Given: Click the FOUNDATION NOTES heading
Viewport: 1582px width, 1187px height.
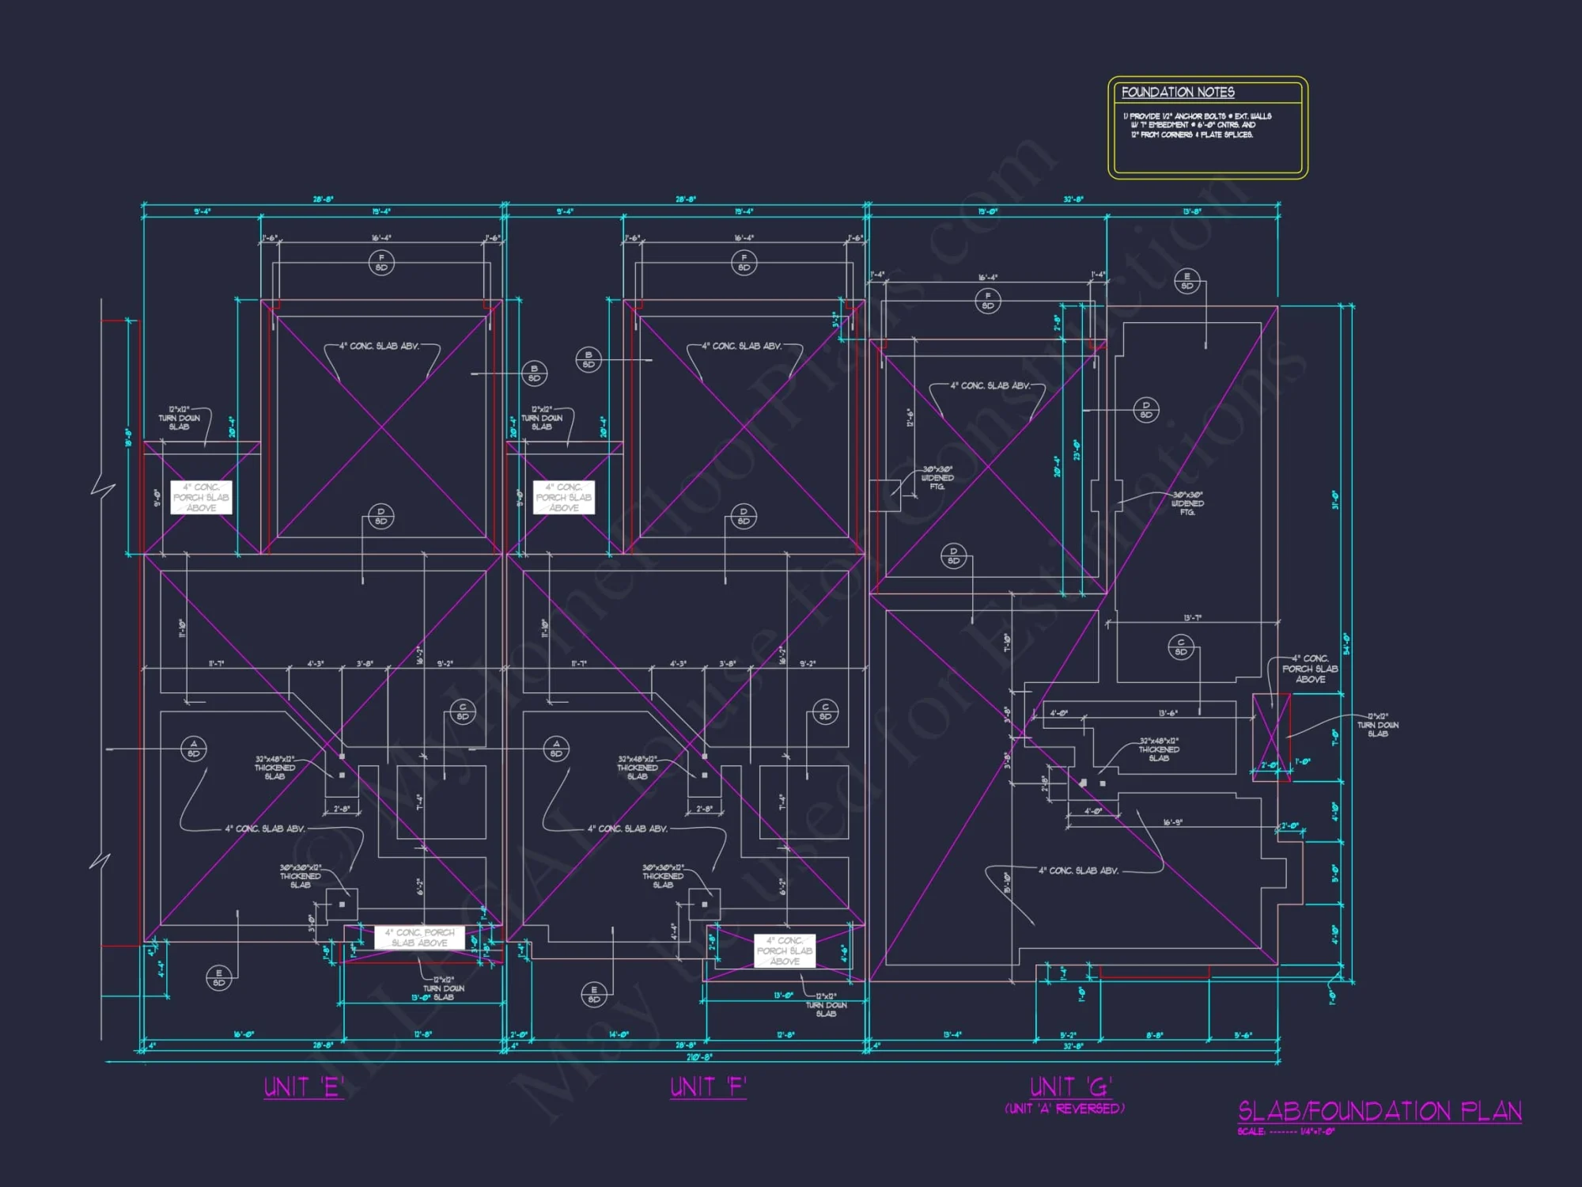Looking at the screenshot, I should click(1177, 93).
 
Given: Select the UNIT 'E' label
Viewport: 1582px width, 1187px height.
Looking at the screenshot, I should click(304, 1087).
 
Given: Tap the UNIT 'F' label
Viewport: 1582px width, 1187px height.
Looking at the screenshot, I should click(708, 1087).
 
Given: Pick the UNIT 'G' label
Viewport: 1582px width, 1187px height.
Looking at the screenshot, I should click(1070, 1087).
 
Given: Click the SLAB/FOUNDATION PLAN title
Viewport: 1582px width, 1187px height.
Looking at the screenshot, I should click(1380, 1111).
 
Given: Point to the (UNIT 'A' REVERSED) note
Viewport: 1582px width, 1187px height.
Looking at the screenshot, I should click(1064, 1109).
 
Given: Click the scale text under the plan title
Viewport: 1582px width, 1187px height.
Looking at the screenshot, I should click(1285, 1132).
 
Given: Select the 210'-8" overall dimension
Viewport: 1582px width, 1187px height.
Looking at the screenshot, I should click(698, 1056).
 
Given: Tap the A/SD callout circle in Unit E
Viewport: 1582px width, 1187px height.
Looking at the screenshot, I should click(194, 749).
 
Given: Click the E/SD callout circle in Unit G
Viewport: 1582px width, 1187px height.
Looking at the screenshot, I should click(1186, 282).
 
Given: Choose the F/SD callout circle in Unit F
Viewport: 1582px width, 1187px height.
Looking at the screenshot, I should click(744, 262).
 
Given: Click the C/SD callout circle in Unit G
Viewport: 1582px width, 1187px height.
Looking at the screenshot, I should click(1180, 647).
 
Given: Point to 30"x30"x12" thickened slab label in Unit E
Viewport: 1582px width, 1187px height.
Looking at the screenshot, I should click(300, 876).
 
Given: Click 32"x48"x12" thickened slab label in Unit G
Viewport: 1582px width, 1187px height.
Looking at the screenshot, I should click(1159, 749).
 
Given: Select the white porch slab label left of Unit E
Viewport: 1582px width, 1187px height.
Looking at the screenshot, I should click(201, 498).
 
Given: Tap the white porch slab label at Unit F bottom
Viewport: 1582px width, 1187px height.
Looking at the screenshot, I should click(784, 950).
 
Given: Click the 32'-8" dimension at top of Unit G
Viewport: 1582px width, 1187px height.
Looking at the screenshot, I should click(1073, 199).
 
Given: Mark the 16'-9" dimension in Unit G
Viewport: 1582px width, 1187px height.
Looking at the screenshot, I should click(1172, 822).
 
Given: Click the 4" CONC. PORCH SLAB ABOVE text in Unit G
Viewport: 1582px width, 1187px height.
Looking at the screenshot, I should click(1310, 669).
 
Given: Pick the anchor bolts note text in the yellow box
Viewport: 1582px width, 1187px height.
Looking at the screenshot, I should click(1196, 125).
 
